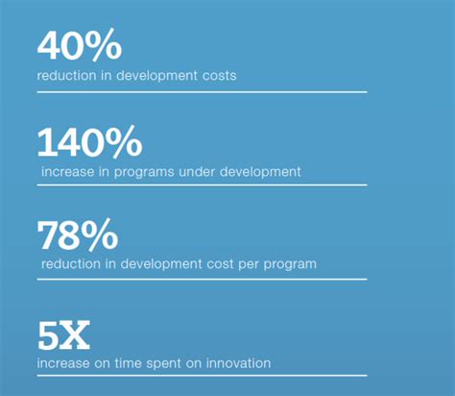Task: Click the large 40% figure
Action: coord(80,45)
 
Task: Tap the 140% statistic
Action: coord(89,141)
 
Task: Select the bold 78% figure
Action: coord(78,235)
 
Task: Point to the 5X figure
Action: coord(63,335)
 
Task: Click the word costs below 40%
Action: coord(220,76)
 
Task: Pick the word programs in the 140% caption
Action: coord(144,173)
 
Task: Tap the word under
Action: coord(197,172)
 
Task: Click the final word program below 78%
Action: coord(290,265)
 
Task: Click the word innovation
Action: coord(238,363)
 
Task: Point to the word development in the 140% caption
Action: coord(260,173)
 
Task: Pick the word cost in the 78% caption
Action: coord(220,264)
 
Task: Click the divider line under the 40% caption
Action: coord(203,92)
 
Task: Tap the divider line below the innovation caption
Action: coord(203,376)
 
